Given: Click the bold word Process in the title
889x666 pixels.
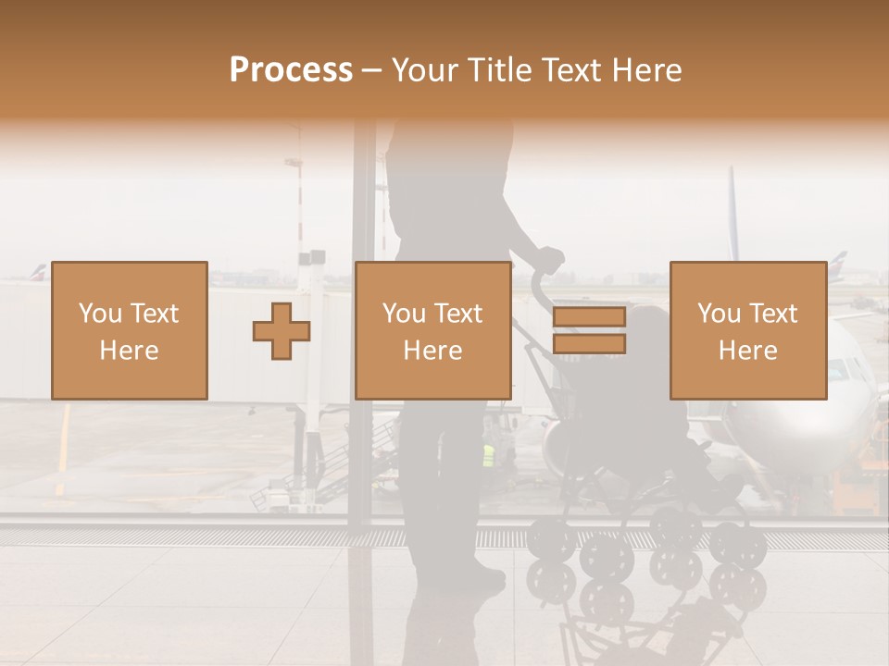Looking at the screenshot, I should click(291, 70).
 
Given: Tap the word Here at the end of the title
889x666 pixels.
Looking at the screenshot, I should click(645, 70).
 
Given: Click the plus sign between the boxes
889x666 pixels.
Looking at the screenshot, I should click(282, 331).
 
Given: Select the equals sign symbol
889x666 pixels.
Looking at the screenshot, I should click(589, 331).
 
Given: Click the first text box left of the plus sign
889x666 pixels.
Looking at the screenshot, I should click(130, 330).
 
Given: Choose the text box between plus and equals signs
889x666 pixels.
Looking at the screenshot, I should click(432, 330).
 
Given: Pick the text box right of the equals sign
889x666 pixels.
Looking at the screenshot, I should click(747, 330).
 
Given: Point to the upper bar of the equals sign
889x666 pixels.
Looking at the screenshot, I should click(589, 317).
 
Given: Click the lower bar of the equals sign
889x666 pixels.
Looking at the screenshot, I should click(589, 344).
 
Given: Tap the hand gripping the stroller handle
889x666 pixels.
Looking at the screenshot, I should click(549, 259).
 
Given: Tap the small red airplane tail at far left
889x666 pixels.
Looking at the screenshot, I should click(37, 272).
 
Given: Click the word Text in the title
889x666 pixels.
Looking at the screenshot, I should click(570, 70).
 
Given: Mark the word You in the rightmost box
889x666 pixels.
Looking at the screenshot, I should click(719, 314).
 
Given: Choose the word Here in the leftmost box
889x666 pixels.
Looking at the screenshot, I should click(130, 351).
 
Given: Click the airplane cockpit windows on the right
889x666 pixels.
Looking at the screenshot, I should click(843, 369).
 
